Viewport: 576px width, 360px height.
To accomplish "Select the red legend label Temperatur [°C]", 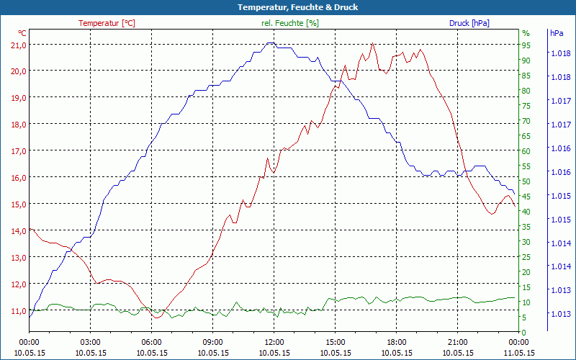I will [x=107, y=23].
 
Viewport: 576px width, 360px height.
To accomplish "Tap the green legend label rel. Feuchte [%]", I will [x=290, y=23].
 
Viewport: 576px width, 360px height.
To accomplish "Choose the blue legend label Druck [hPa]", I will [x=469, y=23].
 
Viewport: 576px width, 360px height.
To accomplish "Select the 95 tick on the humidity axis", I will [x=526, y=45].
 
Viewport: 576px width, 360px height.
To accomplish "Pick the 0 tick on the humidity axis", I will [x=524, y=332].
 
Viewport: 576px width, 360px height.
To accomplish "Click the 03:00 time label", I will [x=90, y=342].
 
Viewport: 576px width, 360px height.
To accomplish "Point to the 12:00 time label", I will [x=274, y=342].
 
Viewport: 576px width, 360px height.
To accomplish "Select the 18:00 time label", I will [x=397, y=342].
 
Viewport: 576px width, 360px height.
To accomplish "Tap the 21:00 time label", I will [x=458, y=342].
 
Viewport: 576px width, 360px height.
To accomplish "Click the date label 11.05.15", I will [x=519, y=353].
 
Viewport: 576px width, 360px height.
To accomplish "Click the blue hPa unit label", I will [x=557, y=33].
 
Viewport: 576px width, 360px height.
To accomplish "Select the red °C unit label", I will [x=22, y=33].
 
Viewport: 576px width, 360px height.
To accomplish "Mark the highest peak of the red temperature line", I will [x=372, y=44].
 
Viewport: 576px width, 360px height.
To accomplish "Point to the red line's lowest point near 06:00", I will [x=156, y=318].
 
